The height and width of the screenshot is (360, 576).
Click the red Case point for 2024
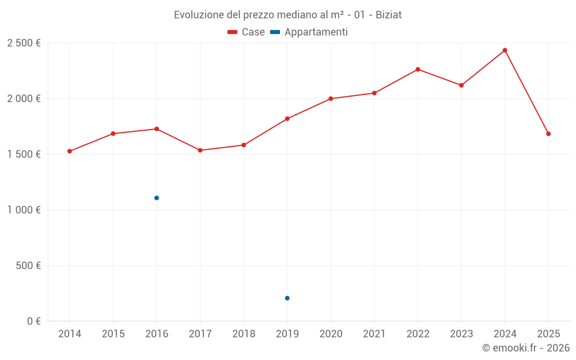505,50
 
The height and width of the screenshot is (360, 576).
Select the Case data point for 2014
70,151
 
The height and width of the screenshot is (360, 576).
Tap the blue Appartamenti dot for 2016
157,198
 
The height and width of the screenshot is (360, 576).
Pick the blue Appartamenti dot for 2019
287,298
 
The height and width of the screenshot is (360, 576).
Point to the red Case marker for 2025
548,134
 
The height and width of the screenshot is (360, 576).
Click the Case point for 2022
418,69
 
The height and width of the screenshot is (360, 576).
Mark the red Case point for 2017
200,150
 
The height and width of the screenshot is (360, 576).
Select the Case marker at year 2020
331,98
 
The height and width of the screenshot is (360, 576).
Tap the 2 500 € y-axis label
24,43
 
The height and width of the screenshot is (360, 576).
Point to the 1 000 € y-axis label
24,210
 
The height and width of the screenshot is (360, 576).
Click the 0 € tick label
33,321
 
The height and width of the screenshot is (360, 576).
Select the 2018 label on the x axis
244,334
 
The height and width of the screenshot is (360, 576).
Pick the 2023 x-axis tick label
461,334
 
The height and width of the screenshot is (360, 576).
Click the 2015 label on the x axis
113,334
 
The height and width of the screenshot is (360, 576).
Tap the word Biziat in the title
388,15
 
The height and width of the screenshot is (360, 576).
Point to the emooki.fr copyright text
526,348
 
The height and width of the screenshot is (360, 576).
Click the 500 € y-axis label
29,266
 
